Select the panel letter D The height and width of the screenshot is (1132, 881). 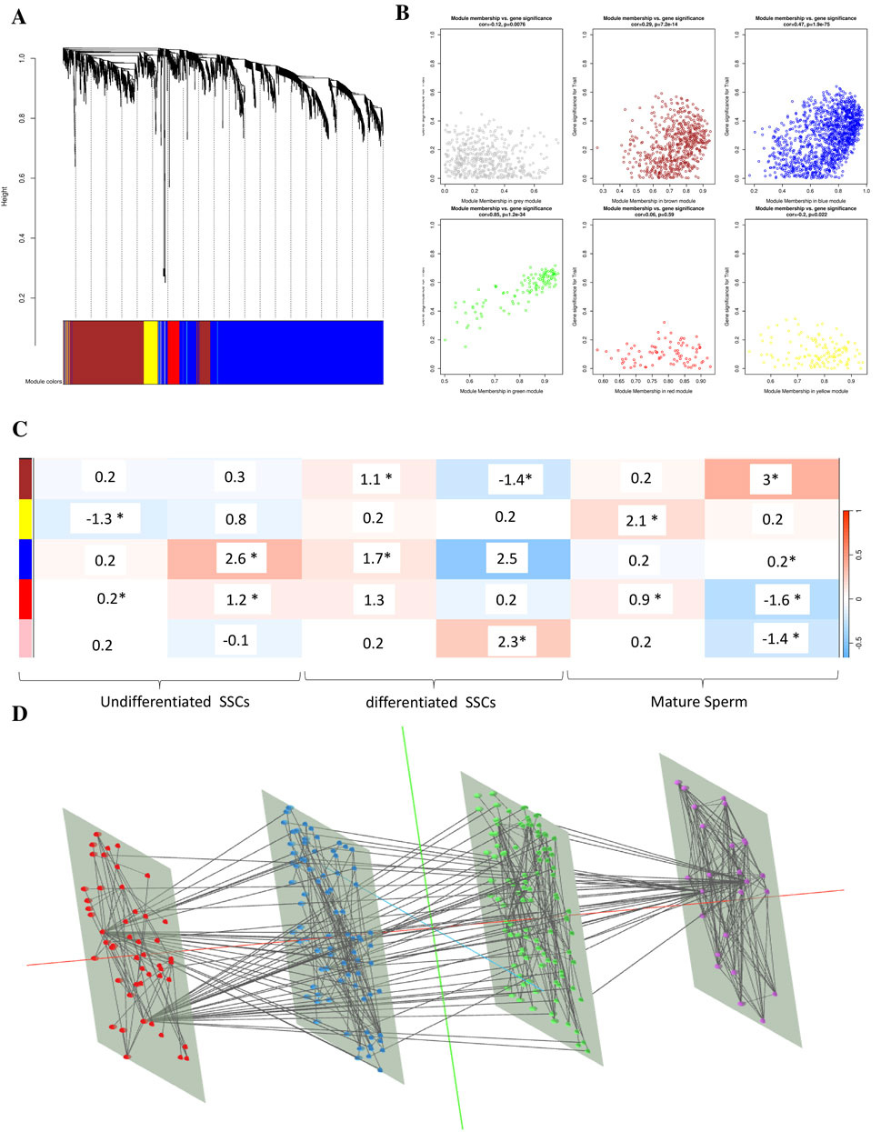(x=19, y=713)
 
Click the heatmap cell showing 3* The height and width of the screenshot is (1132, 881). (x=770, y=478)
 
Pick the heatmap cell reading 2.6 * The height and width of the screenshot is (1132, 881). (x=235, y=558)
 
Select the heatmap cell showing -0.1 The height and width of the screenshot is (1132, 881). (x=235, y=640)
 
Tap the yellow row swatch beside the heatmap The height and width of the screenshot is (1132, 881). (x=25, y=518)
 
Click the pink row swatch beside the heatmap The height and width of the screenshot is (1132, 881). (x=25, y=640)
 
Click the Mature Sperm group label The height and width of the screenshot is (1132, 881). (x=699, y=702)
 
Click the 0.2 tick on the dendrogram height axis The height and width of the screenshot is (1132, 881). (x=23, y=298)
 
